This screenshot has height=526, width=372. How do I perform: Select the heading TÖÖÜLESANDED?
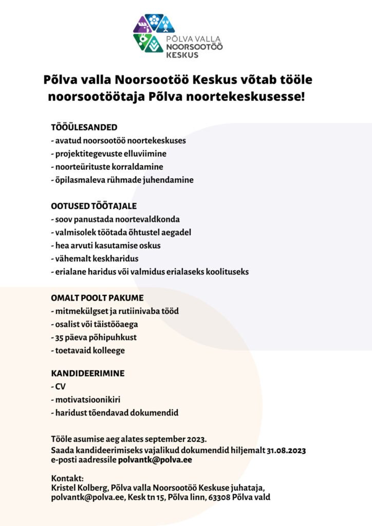click(84, 127)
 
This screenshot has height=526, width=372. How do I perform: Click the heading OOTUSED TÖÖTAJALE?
click(94, 206)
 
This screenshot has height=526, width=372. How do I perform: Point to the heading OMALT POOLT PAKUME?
click(97, 298)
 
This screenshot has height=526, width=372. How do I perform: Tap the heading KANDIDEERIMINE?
click(87, 373)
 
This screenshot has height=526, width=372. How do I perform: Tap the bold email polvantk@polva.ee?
click(155, 460)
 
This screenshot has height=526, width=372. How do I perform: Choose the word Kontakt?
click(67, 479)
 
